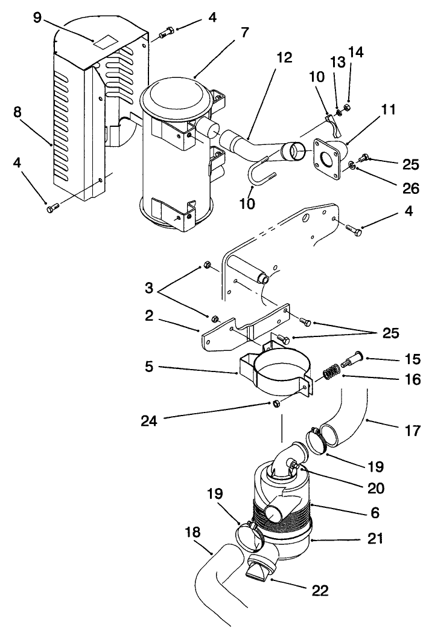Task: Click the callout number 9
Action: [37, 18]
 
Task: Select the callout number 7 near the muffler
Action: [244, 33]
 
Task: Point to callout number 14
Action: [356, 53]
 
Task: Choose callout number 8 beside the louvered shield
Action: [19, 113]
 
